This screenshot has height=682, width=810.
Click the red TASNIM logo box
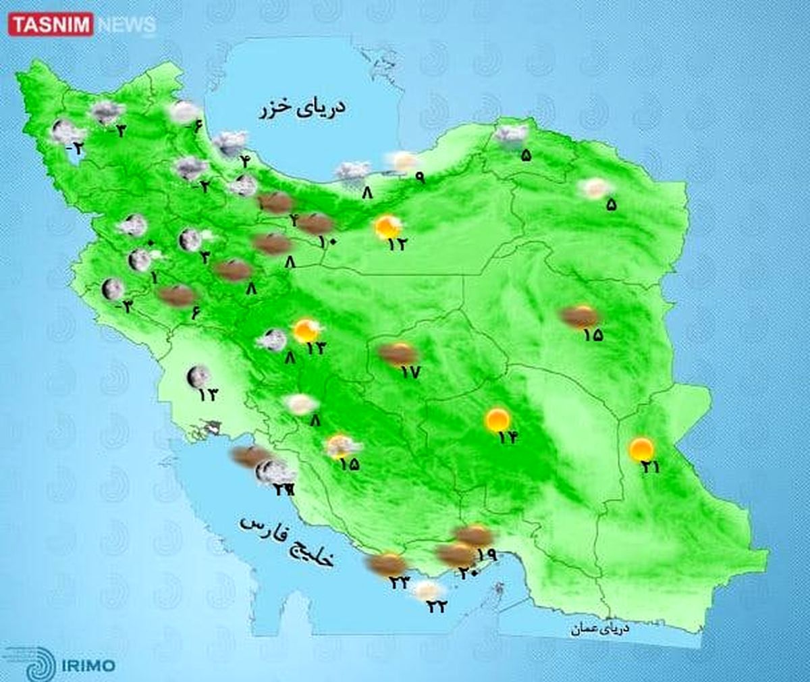click(x=51, y=26)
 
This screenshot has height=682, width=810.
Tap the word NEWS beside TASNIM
click(x=126, y=26)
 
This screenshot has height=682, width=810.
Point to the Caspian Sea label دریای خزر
click(x=302, y=108)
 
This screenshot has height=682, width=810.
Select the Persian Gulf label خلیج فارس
click(x=289, y=540)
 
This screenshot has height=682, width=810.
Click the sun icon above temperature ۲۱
click(x=641, y=448)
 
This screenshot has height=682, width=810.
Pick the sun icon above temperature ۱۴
click(x=497, y=420)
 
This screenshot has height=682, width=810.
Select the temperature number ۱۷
click(x=410, y=371)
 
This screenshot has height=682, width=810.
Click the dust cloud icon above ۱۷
click(x=398, y=353)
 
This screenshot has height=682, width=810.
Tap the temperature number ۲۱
click(x=651, y=466)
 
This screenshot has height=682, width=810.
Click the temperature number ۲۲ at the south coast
click(x=437, y=606)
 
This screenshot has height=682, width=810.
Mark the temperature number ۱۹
click(x=487, y=556)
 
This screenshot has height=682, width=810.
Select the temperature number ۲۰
click(x=468, y=572)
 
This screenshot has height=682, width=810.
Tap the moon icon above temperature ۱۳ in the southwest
click(x=198, y=376)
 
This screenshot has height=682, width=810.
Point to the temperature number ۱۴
click(x=508, y=438)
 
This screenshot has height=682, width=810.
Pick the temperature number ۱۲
click(x=397, y=244)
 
